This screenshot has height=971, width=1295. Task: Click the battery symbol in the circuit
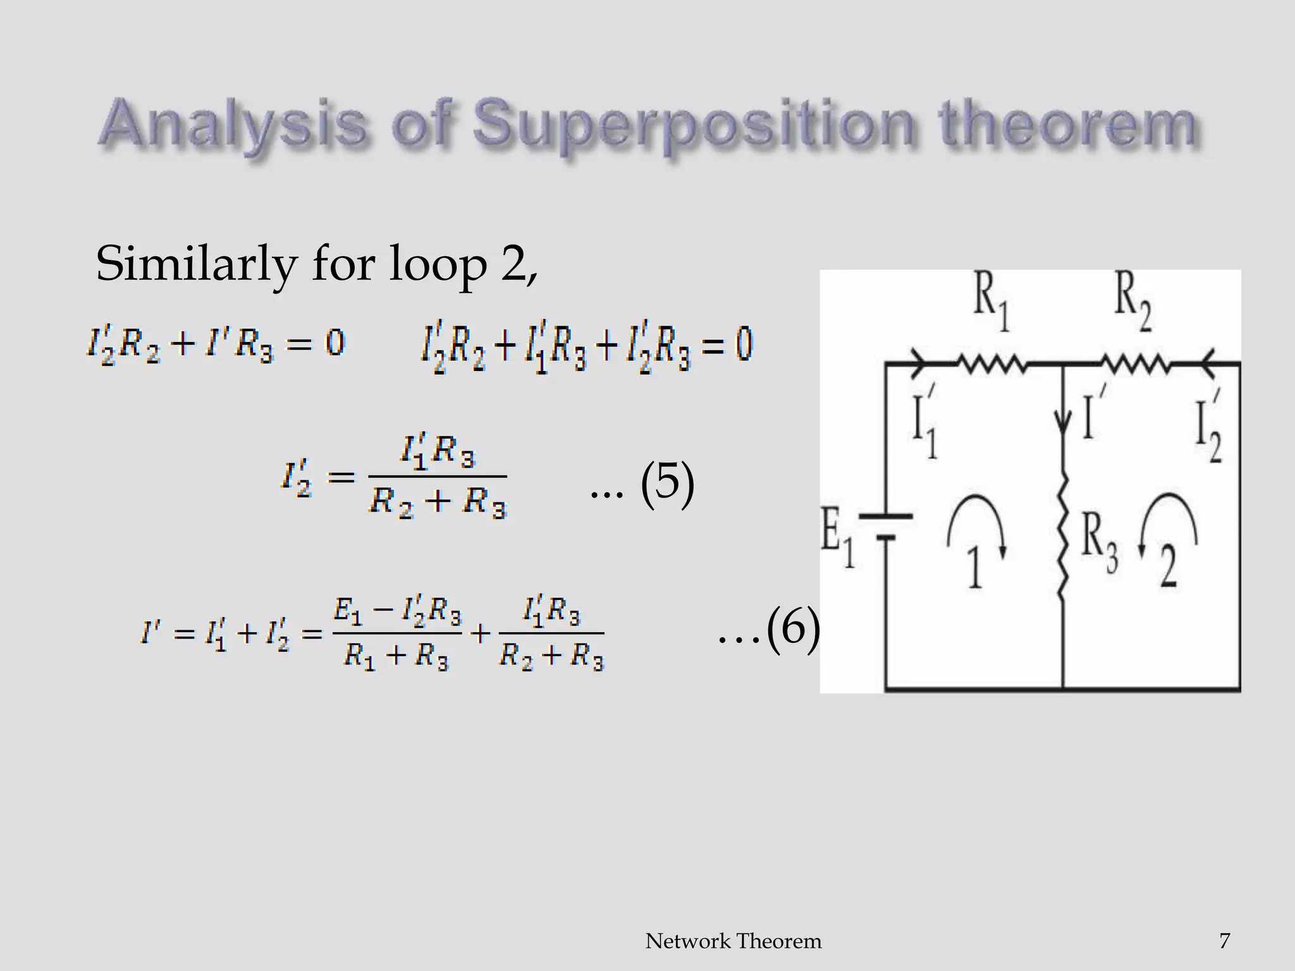pyautogui.click(x=887, y=527)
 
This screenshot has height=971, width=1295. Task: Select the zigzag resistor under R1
pyautogui.click(x=991, y=363)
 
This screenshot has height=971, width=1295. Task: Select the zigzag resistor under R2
pyautogui.click(x=1135, y=363)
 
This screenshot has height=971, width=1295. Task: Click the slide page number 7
pyautogui.click(x=1224, y=941)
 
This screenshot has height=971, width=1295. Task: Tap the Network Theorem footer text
pyautogui.click(x=733, y=941)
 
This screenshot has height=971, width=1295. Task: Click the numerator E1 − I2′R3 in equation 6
pyautogui.click(x=397, y=613)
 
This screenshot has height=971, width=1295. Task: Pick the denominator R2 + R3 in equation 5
pyautogui.click(x=438, y=503)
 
